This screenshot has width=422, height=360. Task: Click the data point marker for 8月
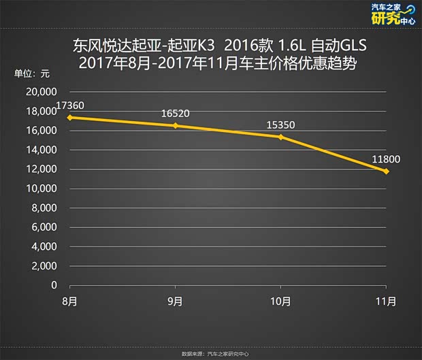(70, 117)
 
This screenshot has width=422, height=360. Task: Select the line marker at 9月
(176, 125)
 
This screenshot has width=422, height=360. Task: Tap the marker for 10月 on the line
(281, 137)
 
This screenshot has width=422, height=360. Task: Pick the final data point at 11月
(387, 171)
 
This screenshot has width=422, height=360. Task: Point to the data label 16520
(176, 114)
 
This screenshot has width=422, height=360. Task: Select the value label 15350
(281, 125)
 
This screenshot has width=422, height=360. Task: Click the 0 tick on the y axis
(54, 285)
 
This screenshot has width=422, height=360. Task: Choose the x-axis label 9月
(176, 301)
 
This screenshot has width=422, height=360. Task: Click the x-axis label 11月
(386, 301)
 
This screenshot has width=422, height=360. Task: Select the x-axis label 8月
(70, 301)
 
